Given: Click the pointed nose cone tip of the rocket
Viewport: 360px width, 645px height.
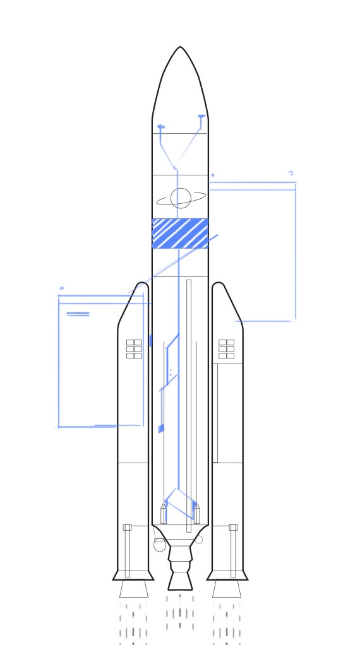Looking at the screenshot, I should [180, 48].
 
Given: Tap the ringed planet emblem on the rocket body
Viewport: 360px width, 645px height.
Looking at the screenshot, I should [181, 198].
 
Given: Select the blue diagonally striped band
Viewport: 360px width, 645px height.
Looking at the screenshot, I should [180, 234].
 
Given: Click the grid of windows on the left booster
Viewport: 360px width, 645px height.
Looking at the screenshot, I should [134, 349].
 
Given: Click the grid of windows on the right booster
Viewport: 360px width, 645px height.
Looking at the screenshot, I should [226, 349].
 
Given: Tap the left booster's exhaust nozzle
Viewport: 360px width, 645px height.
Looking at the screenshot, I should [134, 589].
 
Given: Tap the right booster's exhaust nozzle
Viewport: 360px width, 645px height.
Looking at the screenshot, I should [227, 589].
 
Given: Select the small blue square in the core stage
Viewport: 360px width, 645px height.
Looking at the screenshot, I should [161, 429].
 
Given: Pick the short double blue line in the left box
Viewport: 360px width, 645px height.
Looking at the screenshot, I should [78, 314].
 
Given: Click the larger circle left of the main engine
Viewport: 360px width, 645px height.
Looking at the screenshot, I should [160, 545].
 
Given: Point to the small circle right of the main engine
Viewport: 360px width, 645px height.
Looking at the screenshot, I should [199, 540].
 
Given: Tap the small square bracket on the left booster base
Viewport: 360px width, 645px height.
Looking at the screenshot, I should [127, 527].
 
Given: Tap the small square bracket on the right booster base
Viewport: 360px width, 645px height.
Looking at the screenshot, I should [233, 527].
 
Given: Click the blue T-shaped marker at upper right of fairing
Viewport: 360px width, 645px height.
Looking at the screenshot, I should [201, 117].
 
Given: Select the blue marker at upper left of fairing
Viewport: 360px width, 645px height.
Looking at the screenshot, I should [161, 127].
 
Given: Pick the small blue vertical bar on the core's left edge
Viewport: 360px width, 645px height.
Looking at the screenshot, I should [150, 340].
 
